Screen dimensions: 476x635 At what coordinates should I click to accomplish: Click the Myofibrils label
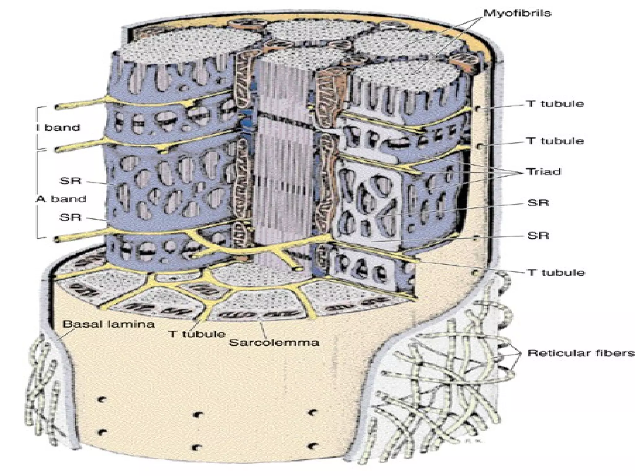tap(517, 13)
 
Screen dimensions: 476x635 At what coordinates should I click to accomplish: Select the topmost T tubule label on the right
tap(555, 104)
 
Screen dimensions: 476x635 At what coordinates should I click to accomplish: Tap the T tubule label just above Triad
tap(555, 141)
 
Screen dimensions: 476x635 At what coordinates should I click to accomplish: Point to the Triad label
tap(544, 172)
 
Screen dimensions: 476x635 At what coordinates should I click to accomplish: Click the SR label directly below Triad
tap(538, 203)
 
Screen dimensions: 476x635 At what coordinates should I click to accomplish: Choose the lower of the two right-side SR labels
tap(538, 236)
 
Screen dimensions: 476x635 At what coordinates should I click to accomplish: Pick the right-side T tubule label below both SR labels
tap(556, 273)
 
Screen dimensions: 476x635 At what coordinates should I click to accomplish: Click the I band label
tap(58, 127)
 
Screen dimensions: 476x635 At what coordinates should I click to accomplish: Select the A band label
tap(61, 199)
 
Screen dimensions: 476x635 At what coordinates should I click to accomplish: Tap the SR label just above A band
tap(70, 181)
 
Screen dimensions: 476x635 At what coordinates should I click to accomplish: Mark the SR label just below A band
tap(70, 217)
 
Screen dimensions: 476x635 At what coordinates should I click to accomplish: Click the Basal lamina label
tap(109, 324)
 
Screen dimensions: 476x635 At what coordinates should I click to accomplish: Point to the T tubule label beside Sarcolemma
tap(197, 334)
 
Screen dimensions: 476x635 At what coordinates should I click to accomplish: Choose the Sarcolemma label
tap(274, 342)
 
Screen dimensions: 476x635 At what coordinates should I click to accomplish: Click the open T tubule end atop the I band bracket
tap(57, 107)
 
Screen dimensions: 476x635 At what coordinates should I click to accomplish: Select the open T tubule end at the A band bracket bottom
tap(57, 239)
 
